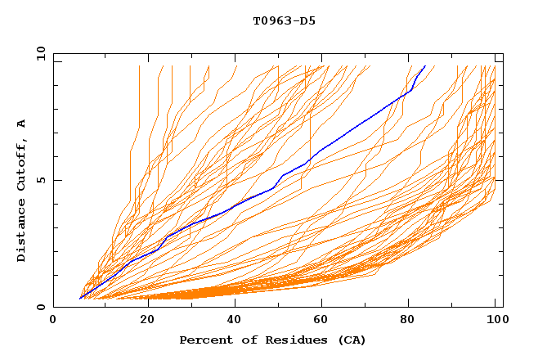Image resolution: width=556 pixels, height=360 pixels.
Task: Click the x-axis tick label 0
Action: [x=53, y=322]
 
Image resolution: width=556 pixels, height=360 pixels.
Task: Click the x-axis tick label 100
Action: [x=495, y=322]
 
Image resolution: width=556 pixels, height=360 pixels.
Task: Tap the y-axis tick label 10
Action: [x=40, y=53]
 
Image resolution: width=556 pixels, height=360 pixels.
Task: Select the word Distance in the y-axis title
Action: [x=22, y=231]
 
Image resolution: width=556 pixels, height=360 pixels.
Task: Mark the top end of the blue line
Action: [x=425, y=65]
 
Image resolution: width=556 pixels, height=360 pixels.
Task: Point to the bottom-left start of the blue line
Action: [x=80, y=299]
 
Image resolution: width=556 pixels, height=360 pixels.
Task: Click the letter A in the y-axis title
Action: [x=22, y=123]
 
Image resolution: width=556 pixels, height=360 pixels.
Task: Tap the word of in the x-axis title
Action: [x=249, y=340]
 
